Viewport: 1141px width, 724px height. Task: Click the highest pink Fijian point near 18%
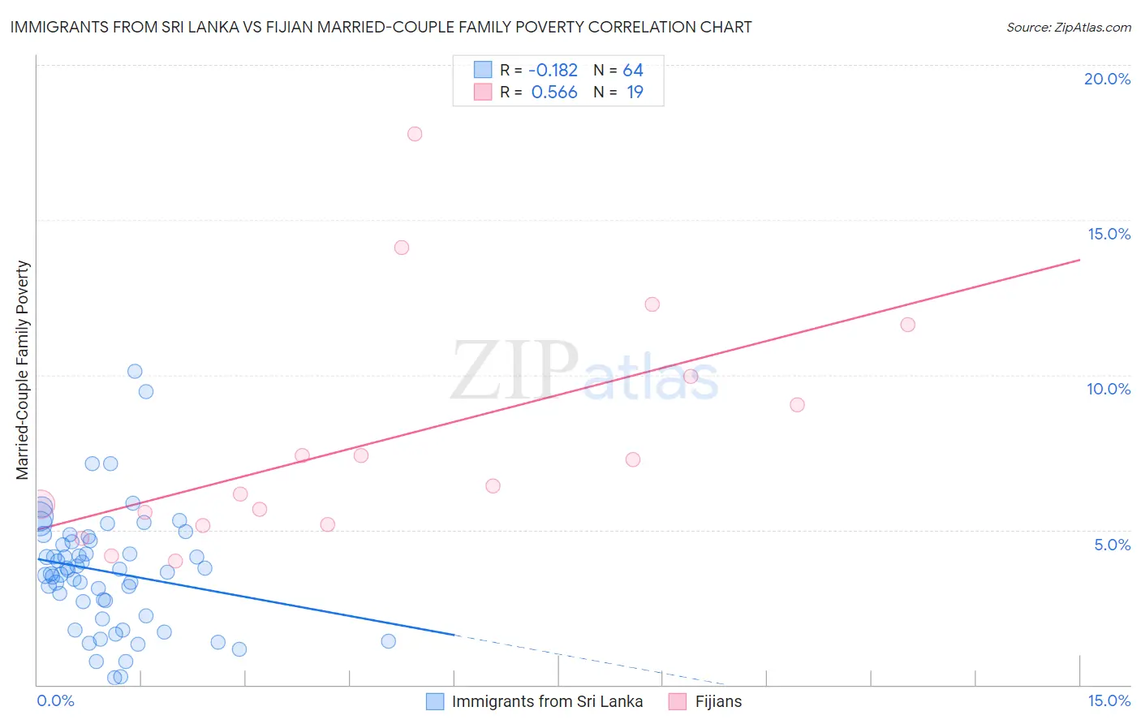[415, 134]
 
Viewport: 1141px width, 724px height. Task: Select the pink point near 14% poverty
[402, 248]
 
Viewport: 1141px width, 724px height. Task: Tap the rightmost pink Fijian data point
[908, 325]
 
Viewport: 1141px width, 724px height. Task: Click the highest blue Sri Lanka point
[135, 371]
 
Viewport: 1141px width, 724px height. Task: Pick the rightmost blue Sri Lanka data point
[389, 641]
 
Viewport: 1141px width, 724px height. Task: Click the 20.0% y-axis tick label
[1107, 79]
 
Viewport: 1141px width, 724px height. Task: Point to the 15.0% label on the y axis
[1109, 234]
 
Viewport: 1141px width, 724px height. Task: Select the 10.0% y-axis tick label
[1109, 389]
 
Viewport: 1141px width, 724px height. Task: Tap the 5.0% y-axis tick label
[1112, 545]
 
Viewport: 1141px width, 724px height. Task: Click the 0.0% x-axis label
[55, 700]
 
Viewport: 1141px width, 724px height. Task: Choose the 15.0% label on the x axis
[1109, 700]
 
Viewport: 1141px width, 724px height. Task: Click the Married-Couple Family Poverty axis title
[23, 370]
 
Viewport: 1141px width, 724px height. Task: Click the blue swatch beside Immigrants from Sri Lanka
[436, 701]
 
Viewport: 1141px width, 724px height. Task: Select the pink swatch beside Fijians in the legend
[678, 701]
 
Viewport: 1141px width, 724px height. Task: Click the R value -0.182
[553, 71]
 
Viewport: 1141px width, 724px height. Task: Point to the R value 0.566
[554, 93]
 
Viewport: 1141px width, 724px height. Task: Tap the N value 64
[633, 71]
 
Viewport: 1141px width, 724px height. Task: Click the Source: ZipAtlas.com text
[1068, 28]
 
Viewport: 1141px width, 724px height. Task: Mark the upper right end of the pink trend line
[1080, 260]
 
